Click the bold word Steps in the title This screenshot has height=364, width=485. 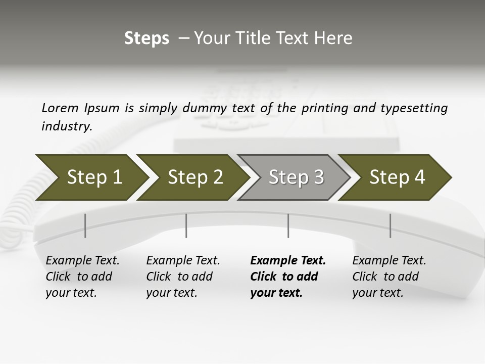pos(147,38)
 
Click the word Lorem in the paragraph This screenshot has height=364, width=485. pos(60,108)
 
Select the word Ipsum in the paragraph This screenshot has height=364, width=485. pos(102,108)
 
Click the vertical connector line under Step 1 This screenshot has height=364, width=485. pos(85,225)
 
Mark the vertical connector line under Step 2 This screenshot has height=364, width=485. pos(186,225)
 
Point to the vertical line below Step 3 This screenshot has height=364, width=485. pos(288,225)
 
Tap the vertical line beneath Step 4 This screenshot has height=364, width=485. pos(391,225)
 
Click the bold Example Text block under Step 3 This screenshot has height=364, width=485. pos(288,277)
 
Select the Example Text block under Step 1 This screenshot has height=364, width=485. pos(82,277)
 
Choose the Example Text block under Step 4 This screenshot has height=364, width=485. pos(389,277)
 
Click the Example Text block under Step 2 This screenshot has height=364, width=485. pos(183,277)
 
